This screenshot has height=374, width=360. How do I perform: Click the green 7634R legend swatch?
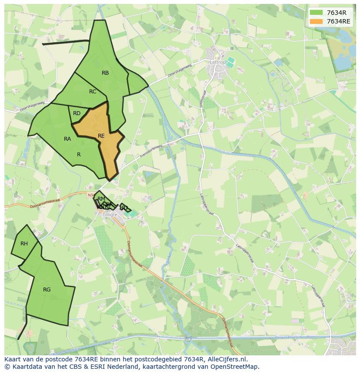tap(316, 13)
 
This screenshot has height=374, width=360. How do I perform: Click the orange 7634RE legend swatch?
tap(316, 21)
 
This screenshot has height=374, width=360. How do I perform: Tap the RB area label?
tap(105, 73)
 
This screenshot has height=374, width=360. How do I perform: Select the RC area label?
tap(93, 92)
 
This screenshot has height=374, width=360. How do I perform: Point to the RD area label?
tap(77, 113)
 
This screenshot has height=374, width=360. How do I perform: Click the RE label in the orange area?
tap(101, 136)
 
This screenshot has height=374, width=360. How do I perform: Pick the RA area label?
tap(67, 139)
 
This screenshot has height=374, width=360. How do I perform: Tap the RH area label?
tap(24, 244)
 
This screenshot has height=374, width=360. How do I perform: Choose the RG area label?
tap(47, 290)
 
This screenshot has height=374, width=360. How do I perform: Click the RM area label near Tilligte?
tap(101, 199)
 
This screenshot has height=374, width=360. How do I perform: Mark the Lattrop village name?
tap(218, 62)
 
